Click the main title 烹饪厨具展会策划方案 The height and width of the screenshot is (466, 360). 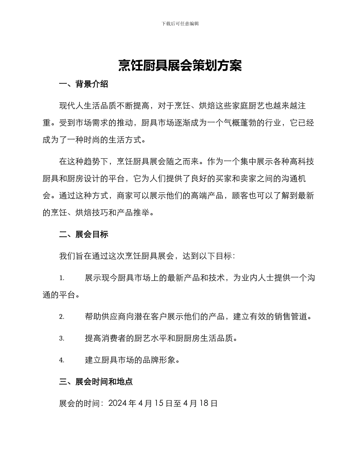[180, 66]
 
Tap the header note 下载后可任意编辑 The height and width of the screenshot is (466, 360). [180, 23]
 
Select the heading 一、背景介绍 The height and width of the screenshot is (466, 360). [84, 84]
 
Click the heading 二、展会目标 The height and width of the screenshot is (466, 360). [84, 235]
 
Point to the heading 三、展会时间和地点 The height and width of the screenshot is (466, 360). [96, 382]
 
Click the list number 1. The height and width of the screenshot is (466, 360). [61, 278]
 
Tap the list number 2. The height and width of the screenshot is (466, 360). [61, 317]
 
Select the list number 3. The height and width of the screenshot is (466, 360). [61, 338]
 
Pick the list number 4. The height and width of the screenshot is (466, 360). [61, 360]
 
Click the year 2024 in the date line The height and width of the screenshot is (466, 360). [117, 403]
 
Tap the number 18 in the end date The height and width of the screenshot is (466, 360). [204, 403]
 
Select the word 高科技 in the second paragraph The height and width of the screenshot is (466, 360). [302, 162]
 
